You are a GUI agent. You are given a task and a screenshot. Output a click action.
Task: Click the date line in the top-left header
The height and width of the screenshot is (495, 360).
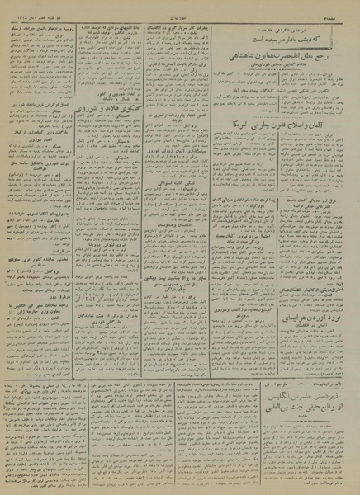click(33, 7)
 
